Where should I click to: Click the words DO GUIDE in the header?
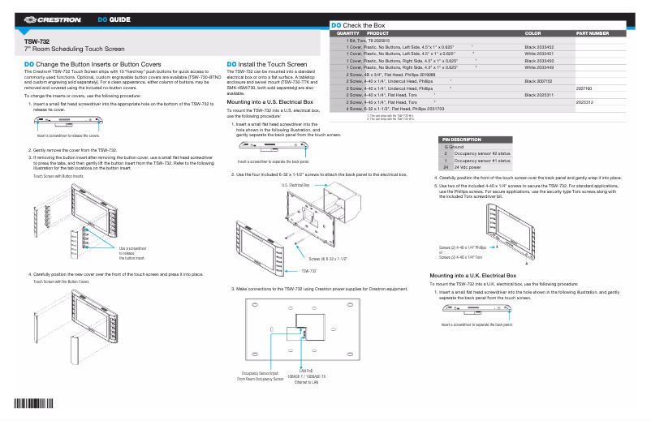(x=114, y=18)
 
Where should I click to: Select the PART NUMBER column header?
(x=593, y=33)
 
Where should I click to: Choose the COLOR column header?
(x=533, y=33)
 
